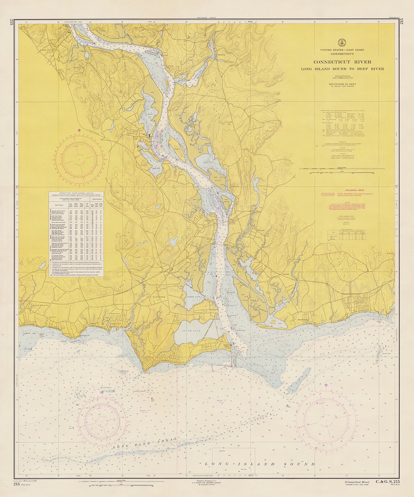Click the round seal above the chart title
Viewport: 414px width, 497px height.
click(342, 42)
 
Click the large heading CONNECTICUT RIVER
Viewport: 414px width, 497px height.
click(342, 62)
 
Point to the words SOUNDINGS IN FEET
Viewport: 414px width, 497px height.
click(342, 84)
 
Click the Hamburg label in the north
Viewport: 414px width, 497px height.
click(221, 55)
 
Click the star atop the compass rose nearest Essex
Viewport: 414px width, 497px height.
click(79, 130)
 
